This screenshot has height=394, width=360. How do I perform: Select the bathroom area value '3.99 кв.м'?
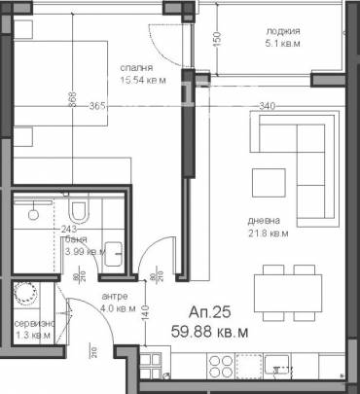(x=84, y=251)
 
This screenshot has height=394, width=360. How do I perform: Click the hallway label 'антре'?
(x=115, y=297)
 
